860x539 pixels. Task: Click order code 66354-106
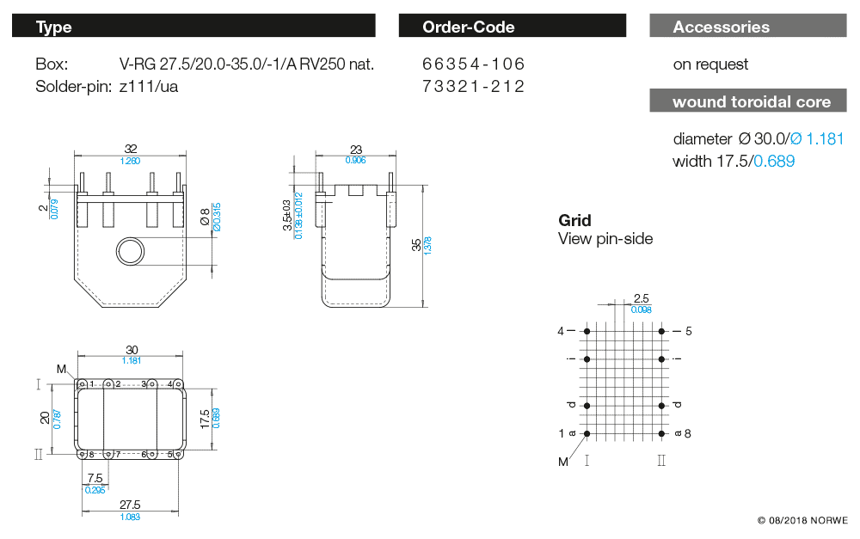[473, 64]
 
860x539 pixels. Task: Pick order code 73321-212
[473, 87]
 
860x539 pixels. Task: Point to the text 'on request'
[710, 64]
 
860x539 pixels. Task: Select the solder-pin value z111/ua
[149, 87]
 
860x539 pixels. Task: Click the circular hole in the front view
[132, 250]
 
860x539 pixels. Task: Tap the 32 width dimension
[130, 150]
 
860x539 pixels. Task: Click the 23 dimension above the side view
[355, 150]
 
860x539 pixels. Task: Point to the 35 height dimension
[417, 246]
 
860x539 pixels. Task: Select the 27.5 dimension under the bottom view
[130, 505]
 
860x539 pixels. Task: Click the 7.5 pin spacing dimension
[95, 478]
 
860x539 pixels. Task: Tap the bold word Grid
[574, 220]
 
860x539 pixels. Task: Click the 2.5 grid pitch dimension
[641, 298]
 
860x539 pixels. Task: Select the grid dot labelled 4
[587, 331]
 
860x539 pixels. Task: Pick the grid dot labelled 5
[661, 331]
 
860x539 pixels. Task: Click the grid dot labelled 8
[661, 433]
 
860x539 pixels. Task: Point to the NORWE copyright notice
[802, 521]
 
